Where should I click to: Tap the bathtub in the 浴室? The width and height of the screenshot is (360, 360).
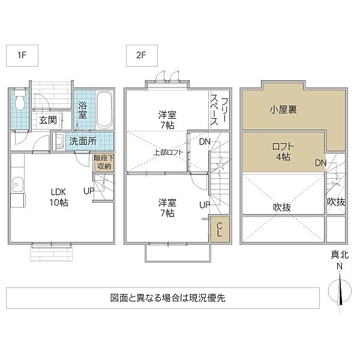[x=104, y=110]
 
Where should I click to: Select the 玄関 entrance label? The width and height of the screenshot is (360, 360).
[x=48, y=120]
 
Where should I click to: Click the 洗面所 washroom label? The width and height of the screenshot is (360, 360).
[x=83, y=141]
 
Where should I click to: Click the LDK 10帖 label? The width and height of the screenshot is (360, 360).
[x=59, y=197]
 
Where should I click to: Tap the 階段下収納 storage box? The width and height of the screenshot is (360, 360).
[x=103, y=162]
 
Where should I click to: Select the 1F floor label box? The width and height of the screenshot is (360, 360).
[x=22, y=56]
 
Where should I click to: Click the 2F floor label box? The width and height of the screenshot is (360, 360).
[x=142, y=56]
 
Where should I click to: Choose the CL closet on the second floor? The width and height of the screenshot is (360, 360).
[x=220, y=229]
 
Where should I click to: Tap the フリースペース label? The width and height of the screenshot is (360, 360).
[x=220, y=111]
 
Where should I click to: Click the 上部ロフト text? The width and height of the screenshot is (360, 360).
[x=168, y=152]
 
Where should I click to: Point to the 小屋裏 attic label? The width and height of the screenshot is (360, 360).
[x=283, y=110]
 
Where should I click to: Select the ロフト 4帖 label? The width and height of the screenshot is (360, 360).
[x=283, y=152]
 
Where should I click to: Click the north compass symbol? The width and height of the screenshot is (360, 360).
[x=340, y=290]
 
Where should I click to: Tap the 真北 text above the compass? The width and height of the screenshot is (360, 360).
[x=340, y=254]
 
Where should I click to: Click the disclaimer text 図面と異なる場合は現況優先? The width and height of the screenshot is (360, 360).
[x=168, y=298]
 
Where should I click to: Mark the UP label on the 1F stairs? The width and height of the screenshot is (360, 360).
[x=89, y=191]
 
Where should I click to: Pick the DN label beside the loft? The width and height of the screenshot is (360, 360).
[x=320, y=163]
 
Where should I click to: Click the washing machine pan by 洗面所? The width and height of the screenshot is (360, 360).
[x=59, y=141]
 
